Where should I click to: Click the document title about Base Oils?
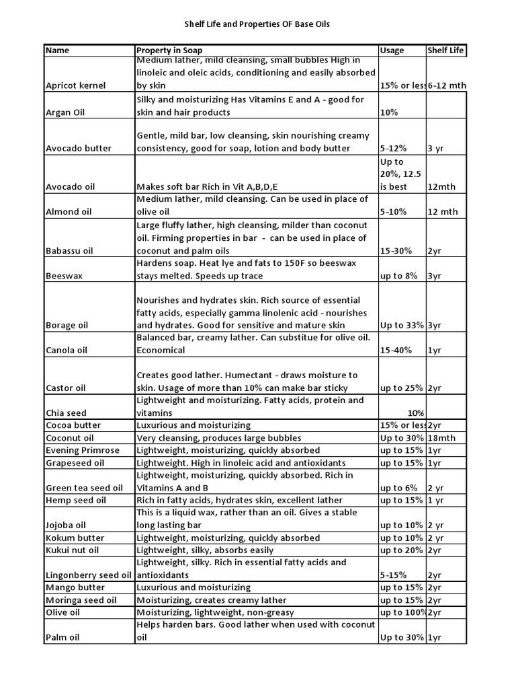click(257, 24)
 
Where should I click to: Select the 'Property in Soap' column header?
click(169, 50)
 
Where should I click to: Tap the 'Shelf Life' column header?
click(445, 50)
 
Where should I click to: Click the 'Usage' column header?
click(392, 50)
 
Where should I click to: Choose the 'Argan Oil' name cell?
click(67, 112)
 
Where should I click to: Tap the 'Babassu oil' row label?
click(69, 250)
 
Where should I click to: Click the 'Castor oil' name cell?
click(65, 388)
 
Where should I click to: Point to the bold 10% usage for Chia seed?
click(415, 412)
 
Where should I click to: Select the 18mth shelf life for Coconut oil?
click(441, 437)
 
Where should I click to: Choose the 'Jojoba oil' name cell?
click(65, 525)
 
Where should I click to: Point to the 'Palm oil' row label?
click(62, 637)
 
